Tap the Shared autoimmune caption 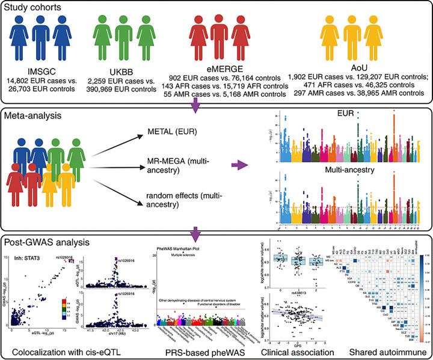click(x=379, y=347)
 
